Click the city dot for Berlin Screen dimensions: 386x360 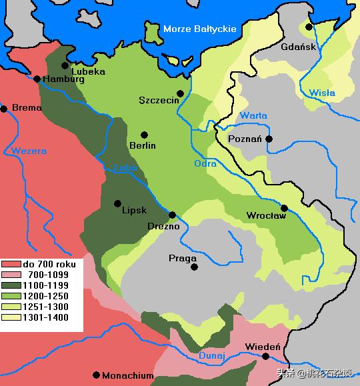click(144, 135)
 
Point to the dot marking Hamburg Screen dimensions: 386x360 click(37, 79)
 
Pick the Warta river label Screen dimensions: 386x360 click(254, 115)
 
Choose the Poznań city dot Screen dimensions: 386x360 click(269, 139)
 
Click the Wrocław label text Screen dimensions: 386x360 click(266, 215)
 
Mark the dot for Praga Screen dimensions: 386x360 click(195, 267)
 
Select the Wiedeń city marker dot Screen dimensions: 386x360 click(265, 357)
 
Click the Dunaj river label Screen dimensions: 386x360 click(212, 356)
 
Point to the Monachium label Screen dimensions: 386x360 click(127, 375)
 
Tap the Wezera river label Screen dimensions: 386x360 click(29, 151)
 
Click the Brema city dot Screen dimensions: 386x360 click(4, 108)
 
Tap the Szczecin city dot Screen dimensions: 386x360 click(180, 93)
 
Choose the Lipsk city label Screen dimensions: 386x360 click(134, 209)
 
